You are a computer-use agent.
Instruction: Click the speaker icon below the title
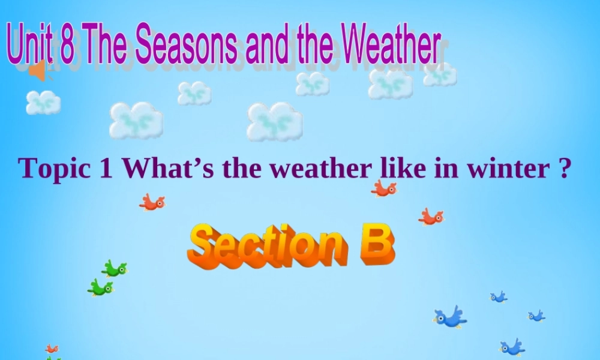click(x=37, y=71)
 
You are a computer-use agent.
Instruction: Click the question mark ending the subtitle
click(x=562, y=169)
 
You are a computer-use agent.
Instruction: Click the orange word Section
click(x=267, y=246)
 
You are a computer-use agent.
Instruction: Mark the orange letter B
click(x=377, y=245)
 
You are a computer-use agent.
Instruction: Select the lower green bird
click(x=100, y=287)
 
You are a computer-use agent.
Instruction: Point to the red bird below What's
click(x=152, y=203)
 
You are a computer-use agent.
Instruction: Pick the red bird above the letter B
click(x=431, y=217)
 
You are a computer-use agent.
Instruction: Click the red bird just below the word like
click(x=383, y=189)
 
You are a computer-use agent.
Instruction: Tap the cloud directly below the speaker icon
click(x=43, y=102)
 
